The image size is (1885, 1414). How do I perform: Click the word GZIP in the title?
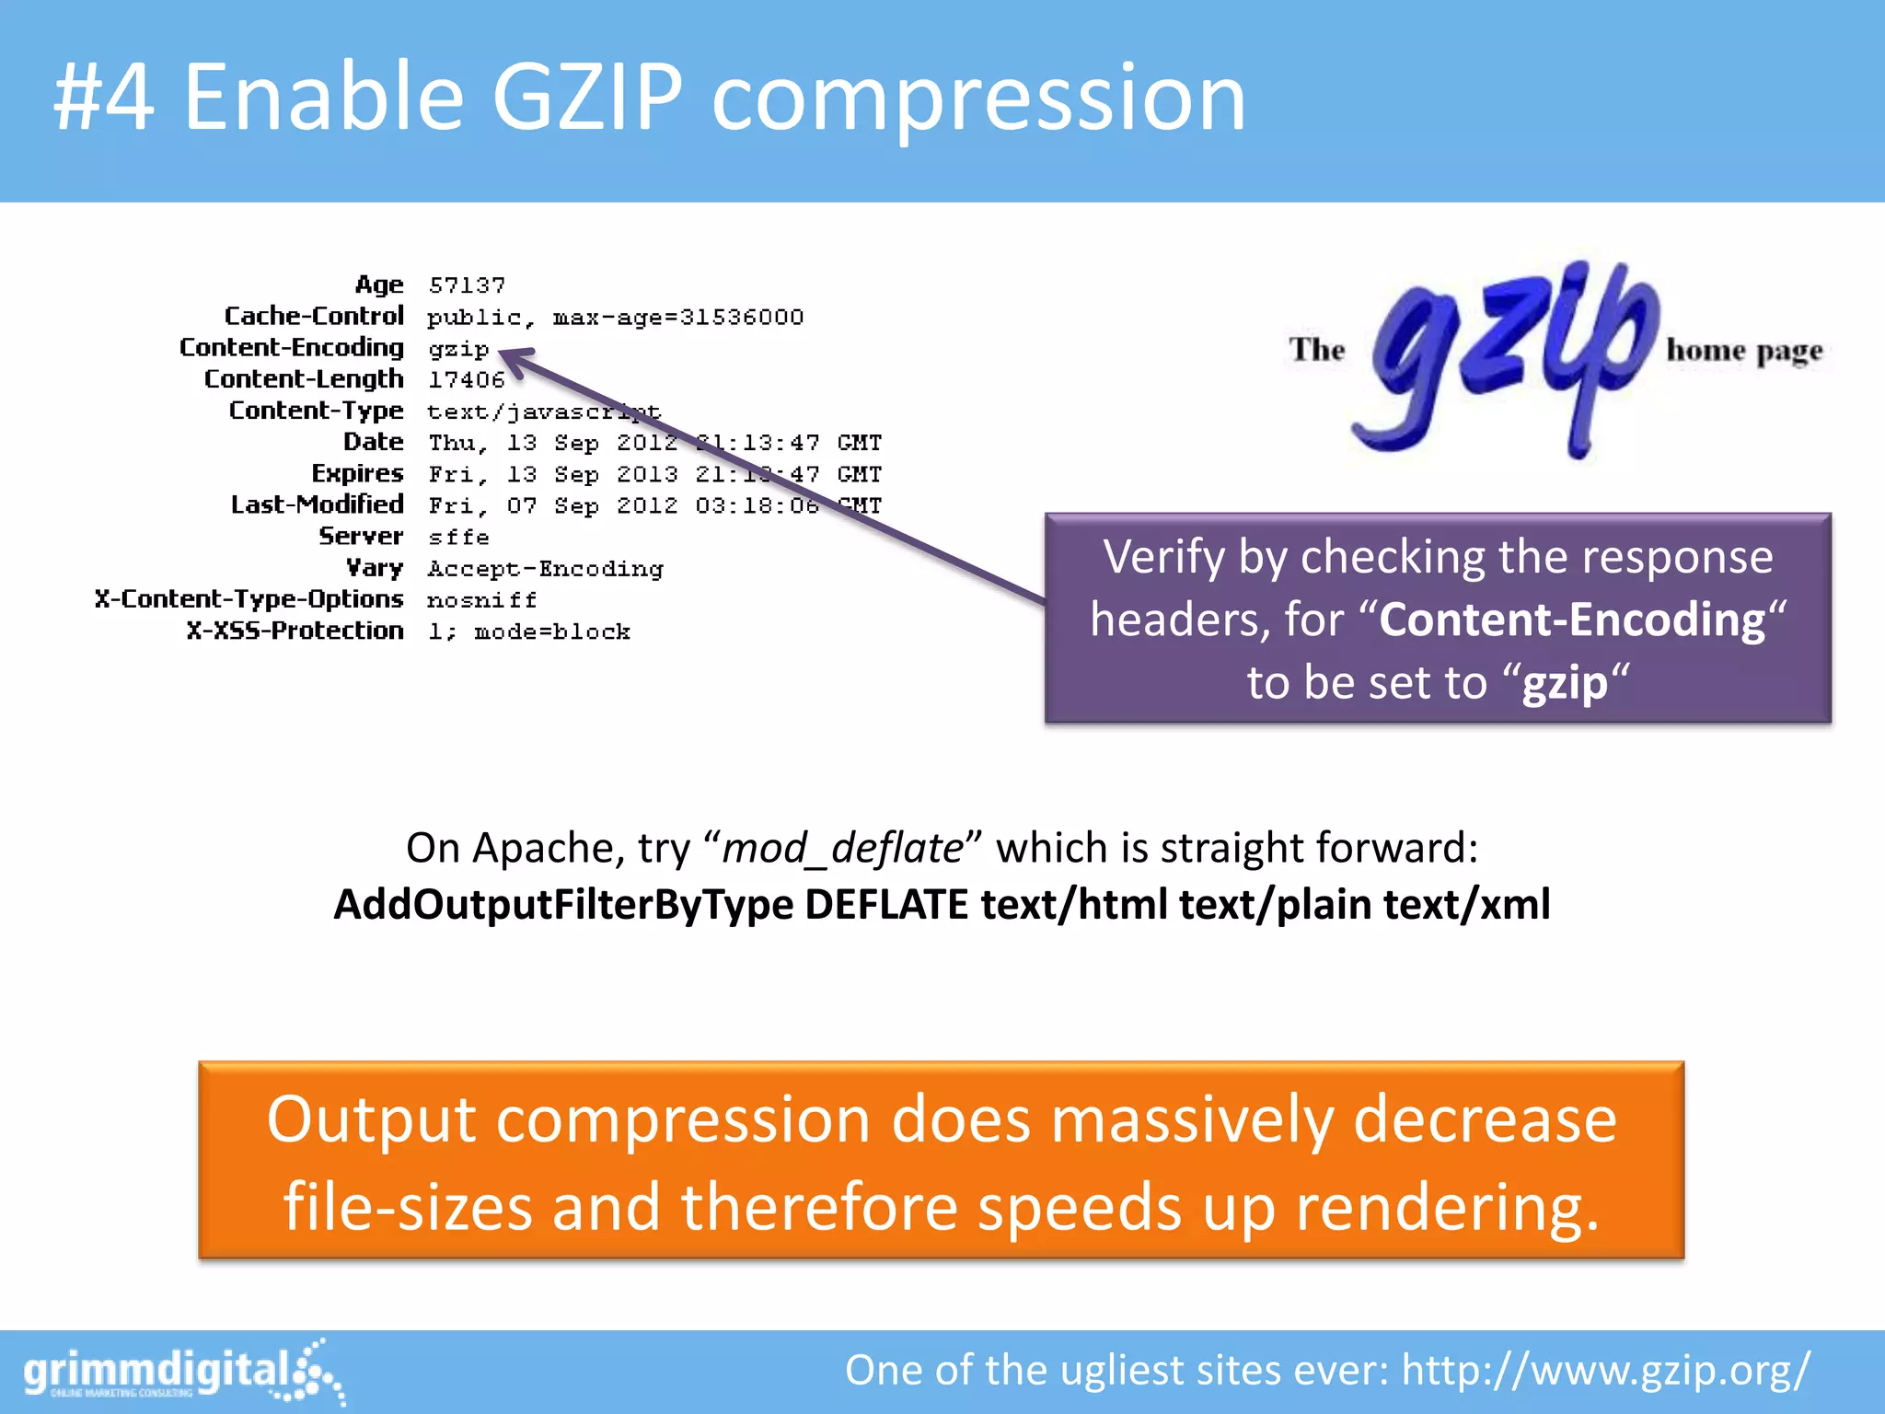tap(587, 96)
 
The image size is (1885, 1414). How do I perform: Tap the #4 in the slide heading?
tap(103, 96)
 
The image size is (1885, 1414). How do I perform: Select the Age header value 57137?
tap(467, 285)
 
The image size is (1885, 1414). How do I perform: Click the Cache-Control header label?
tap(314, 316)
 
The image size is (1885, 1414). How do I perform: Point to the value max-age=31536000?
tap(677, 317)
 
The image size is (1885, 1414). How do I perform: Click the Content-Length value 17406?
tap(467, 379)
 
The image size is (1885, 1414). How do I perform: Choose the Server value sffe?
tap(458, 537)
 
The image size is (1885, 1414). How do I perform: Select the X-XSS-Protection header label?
tap(295, 631)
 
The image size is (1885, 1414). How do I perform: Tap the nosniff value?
tap(481, 600)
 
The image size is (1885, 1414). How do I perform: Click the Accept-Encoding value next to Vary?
tap(545, 569)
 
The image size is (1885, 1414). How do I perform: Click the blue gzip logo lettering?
tap(1509, 354)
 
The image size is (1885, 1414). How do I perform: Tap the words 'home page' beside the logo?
tap(1744, 351)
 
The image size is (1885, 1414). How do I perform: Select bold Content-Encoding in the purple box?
tap(1572, 620)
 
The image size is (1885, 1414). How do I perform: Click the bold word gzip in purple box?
tap(1565, 683)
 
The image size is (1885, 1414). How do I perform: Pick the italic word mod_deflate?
tap(842, 847)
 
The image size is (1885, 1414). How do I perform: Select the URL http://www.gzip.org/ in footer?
tap(1606, 1370)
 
